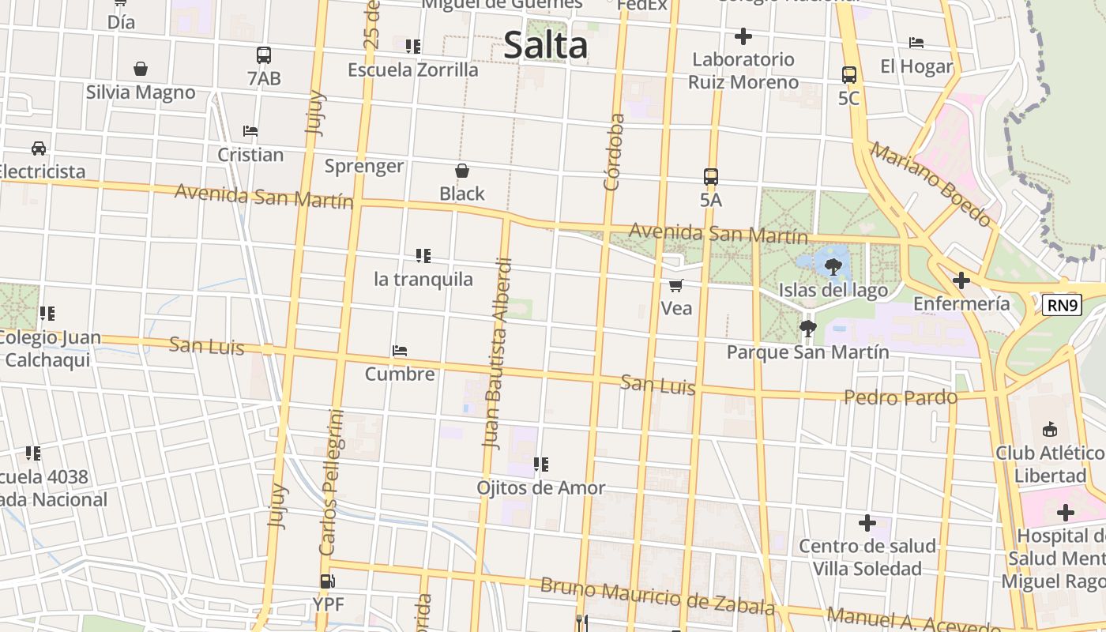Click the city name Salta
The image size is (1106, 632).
pyautogui.click(x=545, y=45)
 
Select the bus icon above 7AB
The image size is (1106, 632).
pyautogui.click(x=264, y=55)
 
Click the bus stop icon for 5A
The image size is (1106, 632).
pyautogui.click(x=711, y=177)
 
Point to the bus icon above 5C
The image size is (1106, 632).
pyautogui.click(x=849, y=75)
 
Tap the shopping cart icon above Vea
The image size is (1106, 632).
pyautogui.click(x=676, y=285)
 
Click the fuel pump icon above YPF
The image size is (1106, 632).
pyautogui.click(x=327, y=582)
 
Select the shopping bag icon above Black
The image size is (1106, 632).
pyautogui.click(x=462, y=171)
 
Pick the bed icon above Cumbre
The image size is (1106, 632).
pyautogui.click(x=400, y=351)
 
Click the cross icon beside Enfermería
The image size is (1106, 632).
pyautogui.click(x=961, y=280)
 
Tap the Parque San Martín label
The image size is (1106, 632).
pyautogui.click(x=807, y=352)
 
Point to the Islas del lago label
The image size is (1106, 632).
pyautogui.click(x=833, y=291)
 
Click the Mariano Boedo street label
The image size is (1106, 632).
pyautogui.click(x=931, y=183)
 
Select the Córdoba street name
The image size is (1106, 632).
pyautogui.click(x=614, y=152)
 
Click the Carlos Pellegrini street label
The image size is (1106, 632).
pyautogui.click(x=332, y=482)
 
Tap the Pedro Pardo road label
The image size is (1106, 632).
pyautogui.click(x=901, y=397)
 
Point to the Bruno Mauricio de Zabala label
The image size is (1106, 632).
pyautogui.click(x=657, y=596)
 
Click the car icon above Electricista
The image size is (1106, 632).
pyautogui.click(x=38, y=148)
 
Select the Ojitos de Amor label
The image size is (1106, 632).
pyautogui.click(x=540, y=488)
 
